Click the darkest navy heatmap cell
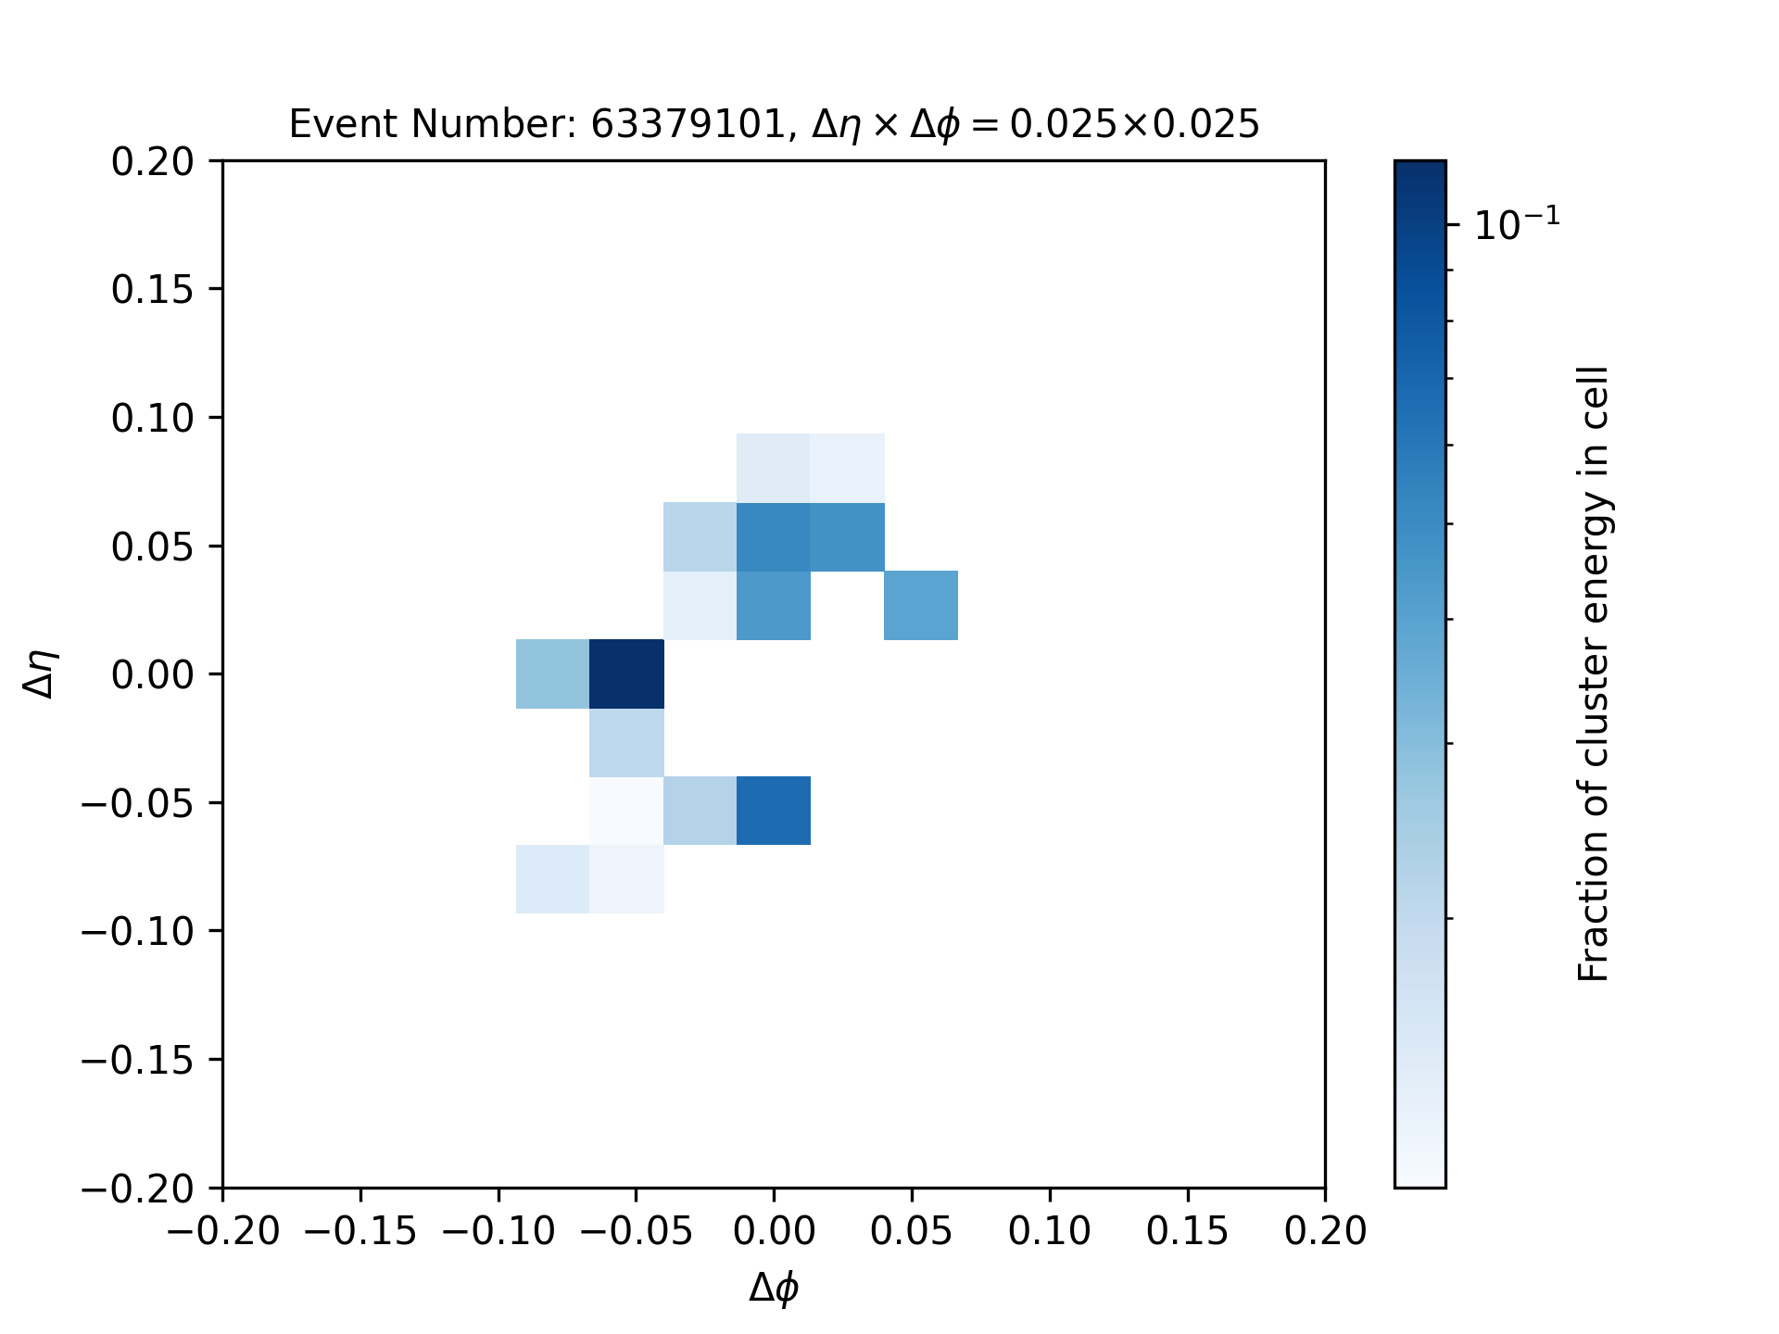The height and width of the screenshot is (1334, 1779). [x=627, y=673]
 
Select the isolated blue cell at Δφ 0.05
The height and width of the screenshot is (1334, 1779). [x=921, y=605]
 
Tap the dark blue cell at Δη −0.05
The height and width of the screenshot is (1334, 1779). [x=774, y=811]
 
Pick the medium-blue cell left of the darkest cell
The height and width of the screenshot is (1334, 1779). [x=553, y=673]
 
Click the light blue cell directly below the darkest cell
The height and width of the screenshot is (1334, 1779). [x=627, y=742]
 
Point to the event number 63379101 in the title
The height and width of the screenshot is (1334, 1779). [x=688, y=123]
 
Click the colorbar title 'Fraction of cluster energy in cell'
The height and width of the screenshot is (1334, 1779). [x=1594, y=673]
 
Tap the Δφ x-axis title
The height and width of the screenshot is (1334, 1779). [x=774, y=1288]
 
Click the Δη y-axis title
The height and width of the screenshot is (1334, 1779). [x=42, y=673]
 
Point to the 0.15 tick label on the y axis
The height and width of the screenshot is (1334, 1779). [x=153, y=290]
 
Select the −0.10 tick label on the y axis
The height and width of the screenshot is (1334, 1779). [x=138, y=931]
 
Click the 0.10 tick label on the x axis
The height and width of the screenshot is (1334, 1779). [x=1050, y=1231]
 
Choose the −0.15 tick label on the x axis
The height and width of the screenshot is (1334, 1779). [x=360, y=1231]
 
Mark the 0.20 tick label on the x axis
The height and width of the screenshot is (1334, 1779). [x=1326, y=1231]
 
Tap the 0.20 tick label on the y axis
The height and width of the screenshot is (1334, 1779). [x=153, y=161]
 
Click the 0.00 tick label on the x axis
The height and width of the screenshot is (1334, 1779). [x=774, y=1231]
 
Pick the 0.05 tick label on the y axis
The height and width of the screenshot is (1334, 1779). [x=153, y=547]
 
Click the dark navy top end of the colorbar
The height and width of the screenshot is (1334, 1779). [x=1419, y=167]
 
